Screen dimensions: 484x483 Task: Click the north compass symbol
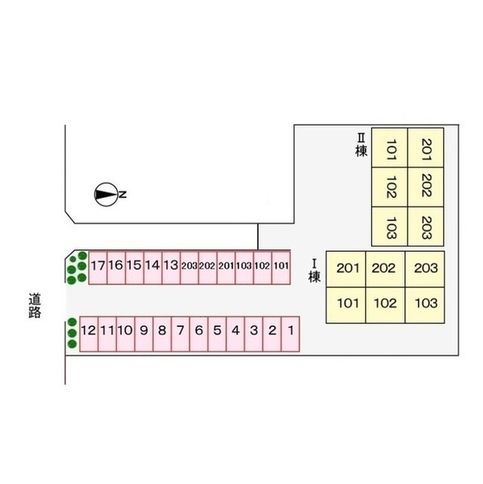coord(106,194)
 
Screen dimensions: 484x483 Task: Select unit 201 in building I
coord(347,268)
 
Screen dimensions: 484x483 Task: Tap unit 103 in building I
coord(426,304)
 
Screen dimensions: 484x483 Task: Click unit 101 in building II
coord(391,148)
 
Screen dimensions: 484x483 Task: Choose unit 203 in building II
coord(426,225)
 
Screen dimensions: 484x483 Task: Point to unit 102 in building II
coord(391,188)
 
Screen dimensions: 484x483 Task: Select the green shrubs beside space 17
coord(76,268)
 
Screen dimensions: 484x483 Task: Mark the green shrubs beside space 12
coord(71,333)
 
